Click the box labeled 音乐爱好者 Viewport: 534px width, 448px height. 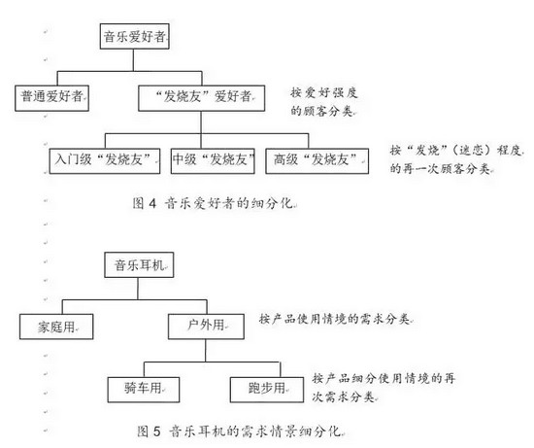[x=135, y=36]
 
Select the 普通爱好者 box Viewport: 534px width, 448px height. [x=51, y=98]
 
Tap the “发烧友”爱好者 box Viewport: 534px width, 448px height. [x=202, y=98]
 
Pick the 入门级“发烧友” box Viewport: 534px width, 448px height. [x=105, y=161]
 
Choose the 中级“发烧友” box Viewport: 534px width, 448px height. [x=213, y=161]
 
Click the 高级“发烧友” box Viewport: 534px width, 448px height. [x=317, y=161]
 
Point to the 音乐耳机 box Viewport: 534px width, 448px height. [x=139, y=265]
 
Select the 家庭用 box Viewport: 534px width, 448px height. [x=56, y=327]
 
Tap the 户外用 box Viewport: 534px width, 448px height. [x=206, y=327]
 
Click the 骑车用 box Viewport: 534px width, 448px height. [x=144, y=390]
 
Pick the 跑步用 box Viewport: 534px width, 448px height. [x=267, y=390]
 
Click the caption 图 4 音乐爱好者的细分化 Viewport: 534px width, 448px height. [x=214, y=203]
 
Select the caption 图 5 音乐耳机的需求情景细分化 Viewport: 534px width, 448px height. [x=240, y=431]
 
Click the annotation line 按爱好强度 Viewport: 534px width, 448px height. [x=324, y=92]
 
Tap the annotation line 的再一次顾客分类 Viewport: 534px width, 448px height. [x=441, y=168]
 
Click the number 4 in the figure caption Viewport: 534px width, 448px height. [x=152, y=204]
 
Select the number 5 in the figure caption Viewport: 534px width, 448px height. [x=156, y=431]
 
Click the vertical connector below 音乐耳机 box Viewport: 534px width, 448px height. [x=138, y=289]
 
